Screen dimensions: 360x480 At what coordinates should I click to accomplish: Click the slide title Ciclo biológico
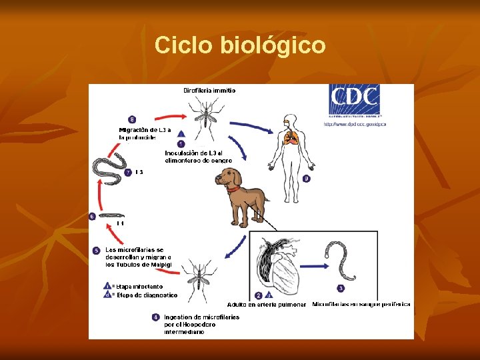pos(240,45)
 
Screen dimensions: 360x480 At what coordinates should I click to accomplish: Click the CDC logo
pos(354,101)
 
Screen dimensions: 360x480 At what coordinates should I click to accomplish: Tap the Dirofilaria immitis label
pos(209,90)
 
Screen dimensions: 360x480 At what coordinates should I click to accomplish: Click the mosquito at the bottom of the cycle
pos(199,279)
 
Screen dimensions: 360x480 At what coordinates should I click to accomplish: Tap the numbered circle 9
pos(306,179)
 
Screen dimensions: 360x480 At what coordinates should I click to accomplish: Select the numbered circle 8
pos(132,119)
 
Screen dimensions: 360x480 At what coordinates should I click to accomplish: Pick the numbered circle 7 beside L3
pos(128,172)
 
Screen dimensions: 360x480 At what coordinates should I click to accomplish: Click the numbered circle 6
pos(92,216)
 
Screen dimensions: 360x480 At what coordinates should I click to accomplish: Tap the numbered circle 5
pos(97,251)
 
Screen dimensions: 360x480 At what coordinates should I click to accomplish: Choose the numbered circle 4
pos(155,317)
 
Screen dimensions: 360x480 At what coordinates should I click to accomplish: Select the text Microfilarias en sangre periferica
pos(361,304)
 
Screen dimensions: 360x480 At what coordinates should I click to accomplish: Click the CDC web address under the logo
pos(355,124)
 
